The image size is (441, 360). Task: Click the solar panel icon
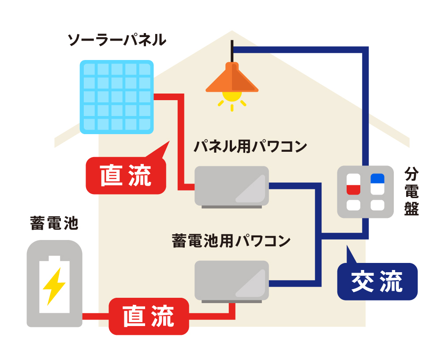tap(117, 97)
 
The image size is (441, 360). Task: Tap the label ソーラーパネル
tap(116, 41)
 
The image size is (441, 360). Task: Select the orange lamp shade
tap(232, 79)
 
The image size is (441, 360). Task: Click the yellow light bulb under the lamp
tap(232, 94)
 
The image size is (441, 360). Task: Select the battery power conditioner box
tap(232, 281)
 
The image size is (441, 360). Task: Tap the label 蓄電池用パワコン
tap(231, 241)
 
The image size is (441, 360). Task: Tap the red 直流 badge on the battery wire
tap(149, 316)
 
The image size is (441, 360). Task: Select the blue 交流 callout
tap(377, 281)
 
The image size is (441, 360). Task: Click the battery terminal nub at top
tap(54, 258)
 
